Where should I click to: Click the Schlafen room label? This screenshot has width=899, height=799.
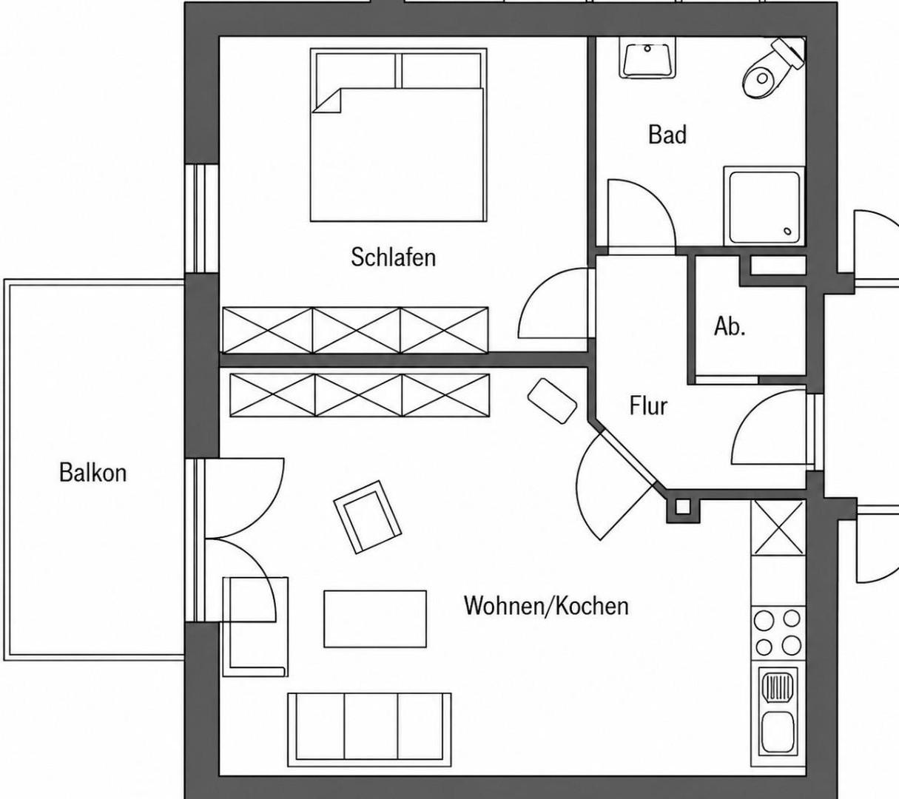[394, 257]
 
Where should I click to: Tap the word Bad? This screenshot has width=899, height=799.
[667, 135]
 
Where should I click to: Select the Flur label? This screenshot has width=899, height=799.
[648, 405]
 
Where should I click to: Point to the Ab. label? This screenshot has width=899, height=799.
[730, 327]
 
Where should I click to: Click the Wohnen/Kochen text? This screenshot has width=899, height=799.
[546, 606]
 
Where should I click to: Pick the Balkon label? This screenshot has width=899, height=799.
[92, 473]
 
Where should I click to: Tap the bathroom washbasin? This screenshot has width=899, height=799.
[647, 58]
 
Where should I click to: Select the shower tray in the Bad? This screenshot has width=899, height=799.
[764, 206]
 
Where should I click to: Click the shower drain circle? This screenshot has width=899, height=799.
[787, 231]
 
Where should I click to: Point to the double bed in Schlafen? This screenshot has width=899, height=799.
[399, 135]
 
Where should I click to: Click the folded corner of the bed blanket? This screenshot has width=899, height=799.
[327, 101]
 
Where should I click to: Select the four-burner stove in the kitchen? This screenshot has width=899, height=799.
[778, 633]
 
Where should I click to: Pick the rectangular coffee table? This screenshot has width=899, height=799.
[375, 619]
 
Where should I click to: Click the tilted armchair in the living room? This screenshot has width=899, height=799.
[368, 517]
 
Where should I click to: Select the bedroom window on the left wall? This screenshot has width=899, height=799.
[202, 218]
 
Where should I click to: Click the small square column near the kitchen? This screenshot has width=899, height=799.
[684, 506]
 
